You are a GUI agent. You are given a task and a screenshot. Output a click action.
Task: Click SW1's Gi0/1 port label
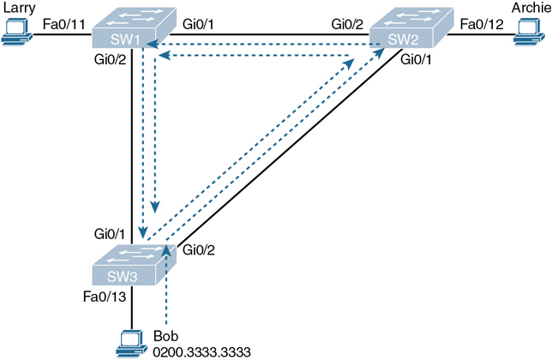pyautogui.click(x=201, y=23)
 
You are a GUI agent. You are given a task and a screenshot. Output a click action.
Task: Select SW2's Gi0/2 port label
pyautogui.click(x=348, y=23)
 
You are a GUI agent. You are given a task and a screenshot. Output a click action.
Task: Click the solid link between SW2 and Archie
pyautogui.click(x=480, y=37)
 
